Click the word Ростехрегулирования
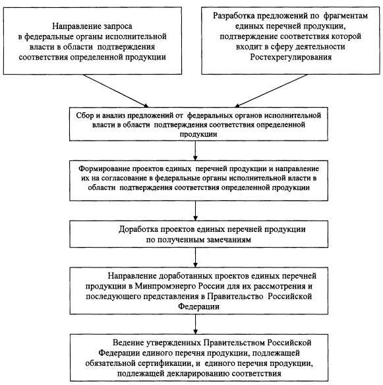click(x=291, y=57)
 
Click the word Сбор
click(x=85, y=116)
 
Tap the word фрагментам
click(x=345, y=16)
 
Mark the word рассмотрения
click(x=279, y=287)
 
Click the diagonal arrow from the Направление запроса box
click(x=115, y=91)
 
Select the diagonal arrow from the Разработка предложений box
click(x=271, y=91)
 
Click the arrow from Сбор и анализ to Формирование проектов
click(x=195, y=151)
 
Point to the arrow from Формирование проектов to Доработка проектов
click(x=195, y=211)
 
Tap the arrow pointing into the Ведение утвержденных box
click(x=195, y=324)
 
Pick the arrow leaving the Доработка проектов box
click(x=195, y=258)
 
